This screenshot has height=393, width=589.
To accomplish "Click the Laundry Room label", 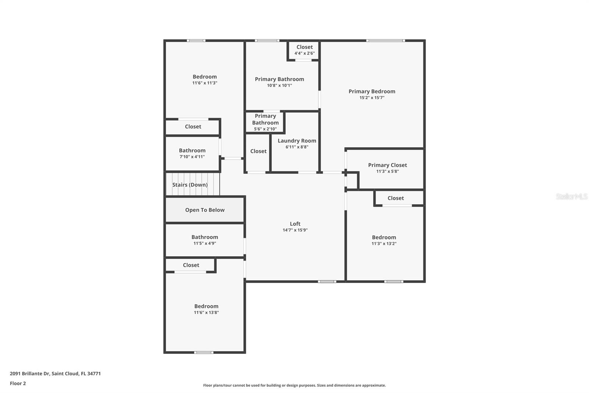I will tap(297, 140).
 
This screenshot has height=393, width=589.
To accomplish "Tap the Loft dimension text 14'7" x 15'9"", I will tap(295, 230).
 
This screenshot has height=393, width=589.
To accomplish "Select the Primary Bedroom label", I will tap(372, 91).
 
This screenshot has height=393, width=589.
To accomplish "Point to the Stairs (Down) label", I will tap(190, 185).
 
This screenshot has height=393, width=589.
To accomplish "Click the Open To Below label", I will tap(205, 210).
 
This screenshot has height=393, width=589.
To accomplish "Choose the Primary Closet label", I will tap(387, 165).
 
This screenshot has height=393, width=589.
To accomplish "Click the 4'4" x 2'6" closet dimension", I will tap(304, 53).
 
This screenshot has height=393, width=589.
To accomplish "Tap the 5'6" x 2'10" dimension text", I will tap(265, 129).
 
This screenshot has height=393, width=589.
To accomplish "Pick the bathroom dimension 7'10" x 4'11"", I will tap(192, 157).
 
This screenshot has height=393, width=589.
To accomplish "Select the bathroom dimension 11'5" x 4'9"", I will tap(205, 243).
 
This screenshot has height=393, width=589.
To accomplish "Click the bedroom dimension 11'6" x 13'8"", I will tap(206, 313).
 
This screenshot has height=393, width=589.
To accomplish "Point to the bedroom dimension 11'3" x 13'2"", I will tap(384, 244).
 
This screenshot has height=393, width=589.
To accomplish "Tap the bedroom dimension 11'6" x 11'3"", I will tap(205, 83).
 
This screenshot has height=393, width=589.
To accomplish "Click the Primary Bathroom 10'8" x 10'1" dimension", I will tap(279, 86).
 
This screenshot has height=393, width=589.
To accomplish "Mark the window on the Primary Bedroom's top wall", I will tap(385, 41).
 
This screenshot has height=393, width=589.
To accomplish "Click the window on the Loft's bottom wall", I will tap(327, 282).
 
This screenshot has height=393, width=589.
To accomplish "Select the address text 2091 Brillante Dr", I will tap(30, 373).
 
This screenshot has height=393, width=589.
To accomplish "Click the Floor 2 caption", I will tap(18, 383).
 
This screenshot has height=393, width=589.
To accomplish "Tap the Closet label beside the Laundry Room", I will tap(258, 151).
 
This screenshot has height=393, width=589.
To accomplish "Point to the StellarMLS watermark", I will tap(571, 196).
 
